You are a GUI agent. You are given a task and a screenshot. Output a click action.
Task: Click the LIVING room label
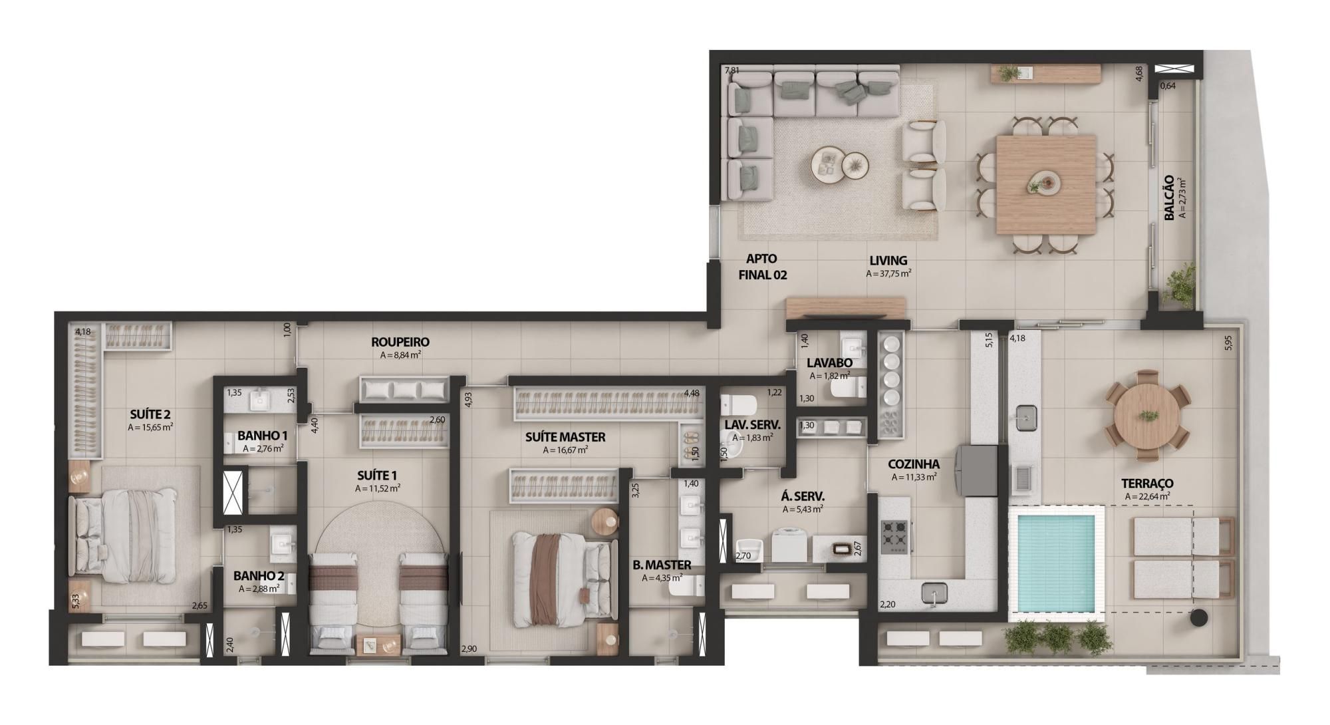tap(888, 261)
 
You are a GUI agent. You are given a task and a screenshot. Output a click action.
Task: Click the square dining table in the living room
tap(1045, 184)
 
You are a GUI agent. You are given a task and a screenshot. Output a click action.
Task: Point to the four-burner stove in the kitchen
tap(894, 536)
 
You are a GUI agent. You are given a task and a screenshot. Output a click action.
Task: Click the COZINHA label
tap(914, 464)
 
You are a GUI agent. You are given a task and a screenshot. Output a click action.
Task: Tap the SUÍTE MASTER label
tap(565, 437)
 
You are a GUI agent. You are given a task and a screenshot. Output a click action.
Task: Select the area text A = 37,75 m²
tap(888, 273)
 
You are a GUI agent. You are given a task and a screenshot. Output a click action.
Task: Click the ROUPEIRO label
tap(400, 342)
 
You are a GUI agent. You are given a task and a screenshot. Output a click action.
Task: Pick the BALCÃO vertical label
tap(1168, 198)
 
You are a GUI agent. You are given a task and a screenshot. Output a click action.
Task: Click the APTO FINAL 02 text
tap(762, 267)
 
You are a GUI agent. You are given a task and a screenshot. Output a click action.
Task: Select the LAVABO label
tap(829, 363)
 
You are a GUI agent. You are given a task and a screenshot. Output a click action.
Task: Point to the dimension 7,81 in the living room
tap(731, 70)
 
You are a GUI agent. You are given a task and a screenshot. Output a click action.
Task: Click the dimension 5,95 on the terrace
tap(1228, 342)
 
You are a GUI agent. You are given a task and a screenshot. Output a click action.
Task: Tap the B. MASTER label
tap(662, 565)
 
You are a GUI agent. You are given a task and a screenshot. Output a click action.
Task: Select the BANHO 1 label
tap(262, 436)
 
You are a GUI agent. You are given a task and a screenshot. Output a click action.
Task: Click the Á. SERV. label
tap(803, 496)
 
